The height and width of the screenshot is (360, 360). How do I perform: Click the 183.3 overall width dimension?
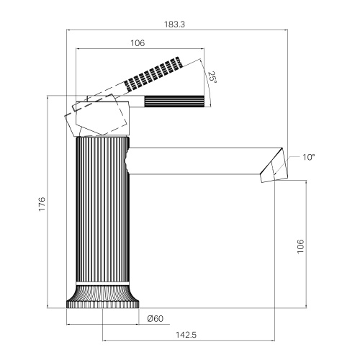click(x=174, y=24)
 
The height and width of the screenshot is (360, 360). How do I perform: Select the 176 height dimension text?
click(x=42, y=204)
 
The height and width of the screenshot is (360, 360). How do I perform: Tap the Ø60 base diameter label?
click(x=155, y=318)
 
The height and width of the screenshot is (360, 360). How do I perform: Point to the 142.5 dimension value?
click(x=186, y=335)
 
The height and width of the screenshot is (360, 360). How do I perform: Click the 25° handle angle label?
click(x=212, y=77)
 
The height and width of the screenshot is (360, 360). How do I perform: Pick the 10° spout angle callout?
click(x=308, y=157)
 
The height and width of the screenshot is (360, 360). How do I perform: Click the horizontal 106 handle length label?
click(x=138, y=43)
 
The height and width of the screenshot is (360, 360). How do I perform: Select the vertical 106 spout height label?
click(x=300, y=246)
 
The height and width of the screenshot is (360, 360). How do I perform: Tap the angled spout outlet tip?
click(x=274, y=166)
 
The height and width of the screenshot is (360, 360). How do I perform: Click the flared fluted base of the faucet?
click(x=103, y=297)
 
